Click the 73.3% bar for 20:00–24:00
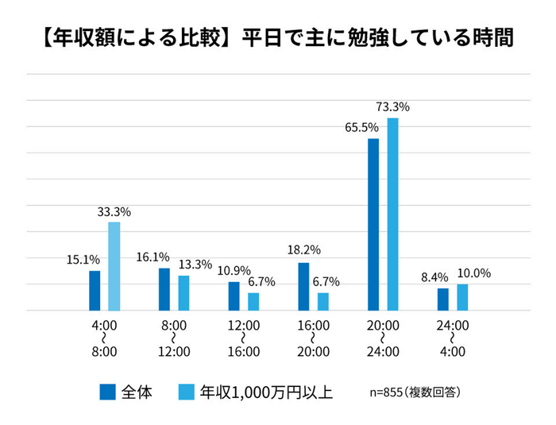(392, 214)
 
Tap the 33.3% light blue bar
(114, 266)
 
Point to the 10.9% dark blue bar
(234, 296)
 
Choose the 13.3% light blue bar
(183, 292)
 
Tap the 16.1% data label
(153, 257)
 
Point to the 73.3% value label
(392, 106)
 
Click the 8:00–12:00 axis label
(174, 338)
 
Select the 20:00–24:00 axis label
(383, 338)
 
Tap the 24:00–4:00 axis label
(453, 338)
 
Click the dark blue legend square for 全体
(108, 392)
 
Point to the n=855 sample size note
(415, 392)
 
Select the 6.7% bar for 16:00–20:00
(323, 301)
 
